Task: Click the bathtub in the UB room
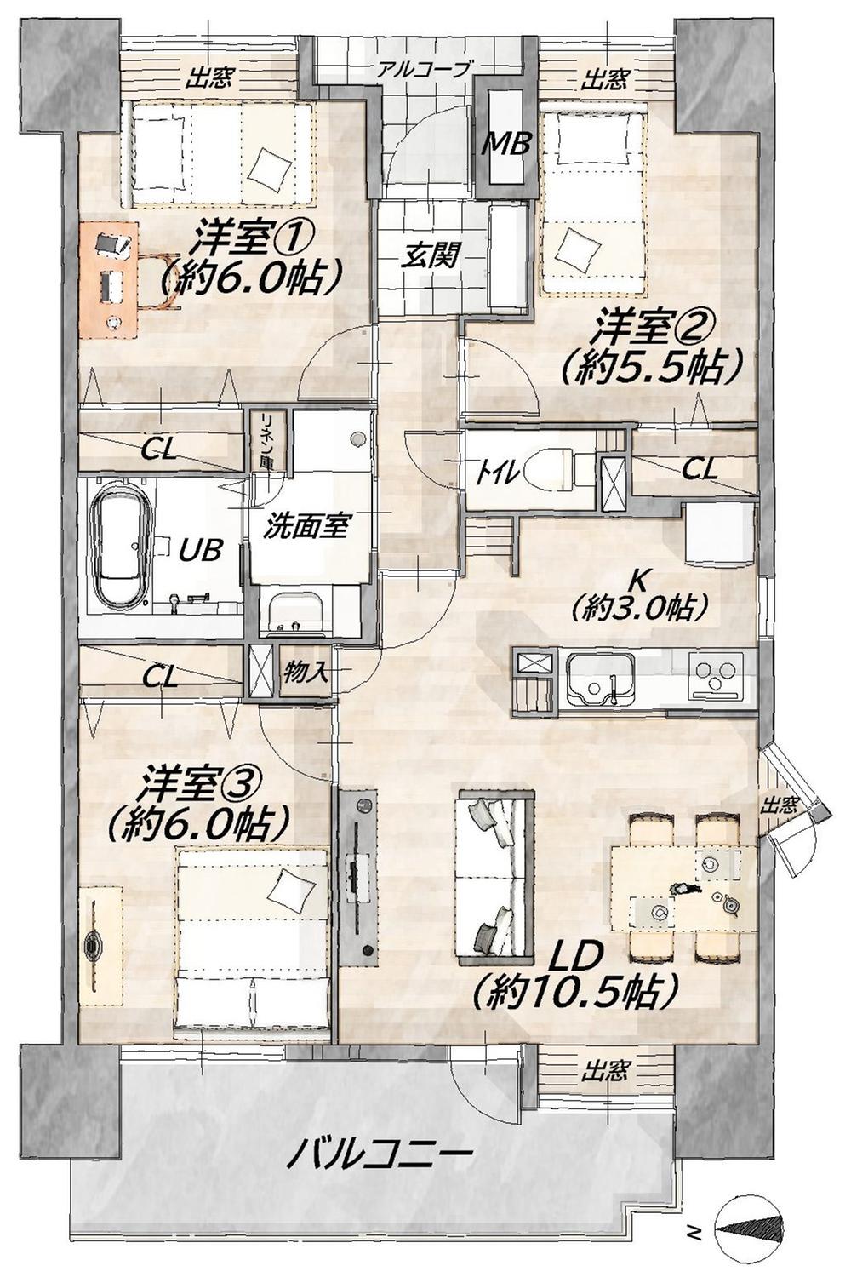tap(124, 546)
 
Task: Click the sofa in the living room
tap(496, 874)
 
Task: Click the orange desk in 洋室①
tap(108, 277)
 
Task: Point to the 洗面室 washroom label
tap(306, 527)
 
